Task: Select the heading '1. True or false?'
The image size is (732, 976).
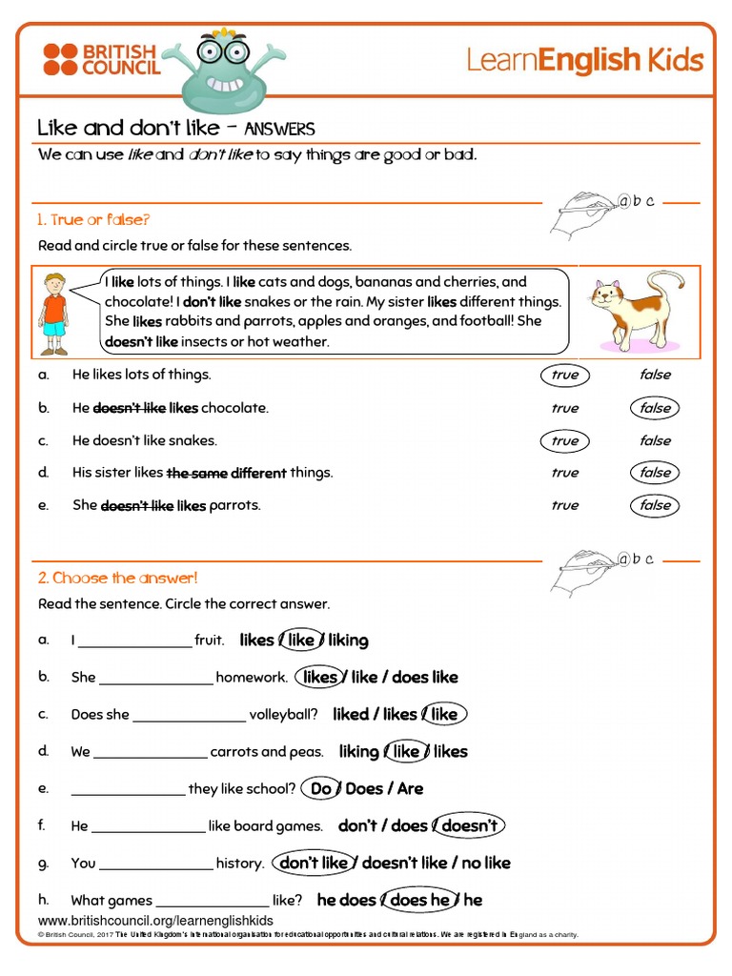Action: pyautogui.click(x=93, y=220)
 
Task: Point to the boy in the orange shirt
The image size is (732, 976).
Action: pyautogui.click(x=54, y=314)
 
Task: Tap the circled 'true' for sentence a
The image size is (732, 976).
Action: pyautogui.click(x=564, y=376)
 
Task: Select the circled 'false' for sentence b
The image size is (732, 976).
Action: pyautogui.click(x=655, y=408)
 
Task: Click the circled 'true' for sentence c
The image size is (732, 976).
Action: pyautogui.click(x=564, y=440)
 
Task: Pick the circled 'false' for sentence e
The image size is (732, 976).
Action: pyautogui.click(x=655, y=505)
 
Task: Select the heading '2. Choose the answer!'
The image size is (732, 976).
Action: pyautogui.click(x=117, y=578)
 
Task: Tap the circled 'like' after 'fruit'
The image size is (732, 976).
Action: pyautogui.click(x=301, y=640)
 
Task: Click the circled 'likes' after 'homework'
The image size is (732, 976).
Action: pyautogui.click(x=319, y=678)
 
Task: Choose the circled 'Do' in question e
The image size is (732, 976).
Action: pyautogui.click(x=321, y=789)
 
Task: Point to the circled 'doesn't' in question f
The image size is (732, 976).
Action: pyautogui.click(x=469, y=825)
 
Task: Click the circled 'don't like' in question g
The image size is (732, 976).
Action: pyautogui.click(x=314, y=863)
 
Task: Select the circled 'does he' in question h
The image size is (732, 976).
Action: pyautogui.click(x=419, y=900)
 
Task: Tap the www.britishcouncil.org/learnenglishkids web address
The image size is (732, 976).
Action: pyautogui.click(x=155, y=921)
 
